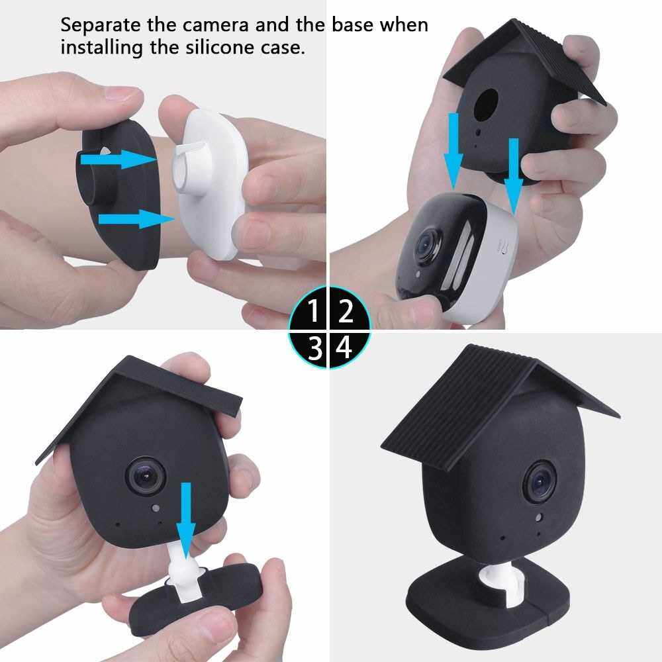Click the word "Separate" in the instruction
tap(101, 25)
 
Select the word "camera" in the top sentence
tap(215, 25)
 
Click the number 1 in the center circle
tap(313, 310)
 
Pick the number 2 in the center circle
tap(346, 310)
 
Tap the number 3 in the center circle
tap(315, 348)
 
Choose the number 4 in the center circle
tap(344, 348)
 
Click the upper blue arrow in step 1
tap(119, 159)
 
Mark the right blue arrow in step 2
tap(514, 175)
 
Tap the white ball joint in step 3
tap(183, 572)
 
